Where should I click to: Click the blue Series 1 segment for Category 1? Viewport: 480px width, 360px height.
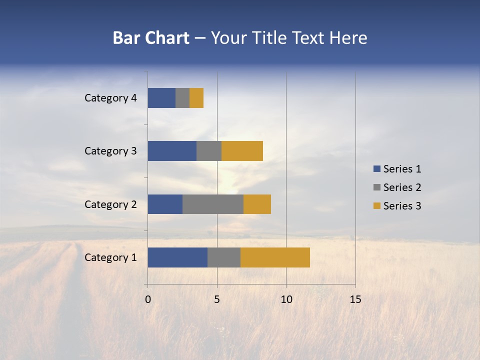(177, 257)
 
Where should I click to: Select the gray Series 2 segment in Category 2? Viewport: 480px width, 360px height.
(213, 204)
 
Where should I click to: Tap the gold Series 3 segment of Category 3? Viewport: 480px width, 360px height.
(242, 151)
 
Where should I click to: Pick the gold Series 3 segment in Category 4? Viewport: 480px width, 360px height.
(196, 98)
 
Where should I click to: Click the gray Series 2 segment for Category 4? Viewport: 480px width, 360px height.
(182, 98)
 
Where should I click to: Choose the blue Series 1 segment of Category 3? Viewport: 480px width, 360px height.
(172, 151)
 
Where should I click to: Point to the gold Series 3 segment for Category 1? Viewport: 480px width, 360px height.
(275, 257)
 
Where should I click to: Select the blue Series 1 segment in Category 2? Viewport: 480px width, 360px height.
(165, 204)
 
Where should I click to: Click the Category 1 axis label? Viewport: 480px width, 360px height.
(110, 257)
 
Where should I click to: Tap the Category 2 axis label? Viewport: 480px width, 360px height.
(110, 204)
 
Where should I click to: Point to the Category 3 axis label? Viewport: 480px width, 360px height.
(110, 151)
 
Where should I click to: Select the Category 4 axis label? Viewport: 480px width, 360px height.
(110, 98)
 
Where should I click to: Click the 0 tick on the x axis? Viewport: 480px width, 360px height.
(148, 299)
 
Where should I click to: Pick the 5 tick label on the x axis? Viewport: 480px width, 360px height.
(217, 299)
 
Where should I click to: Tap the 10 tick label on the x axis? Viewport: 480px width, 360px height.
(286, 299)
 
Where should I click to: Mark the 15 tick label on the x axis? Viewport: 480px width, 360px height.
(355, 299)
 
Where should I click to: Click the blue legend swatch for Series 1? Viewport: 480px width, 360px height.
(376, 169)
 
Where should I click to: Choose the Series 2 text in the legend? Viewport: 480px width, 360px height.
(402, 187)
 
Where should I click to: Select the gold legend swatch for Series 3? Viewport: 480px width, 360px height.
(376, 206)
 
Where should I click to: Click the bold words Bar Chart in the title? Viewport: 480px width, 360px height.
(150, 38)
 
